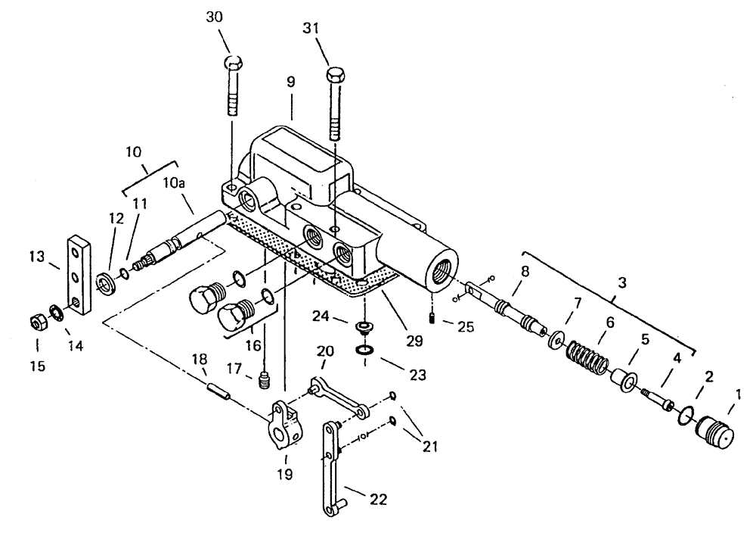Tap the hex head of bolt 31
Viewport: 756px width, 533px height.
(336, 77)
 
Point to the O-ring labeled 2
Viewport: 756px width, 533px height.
(687, 414)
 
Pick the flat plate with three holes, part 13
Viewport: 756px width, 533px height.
(77, 276)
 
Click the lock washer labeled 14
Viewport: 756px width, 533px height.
(55, 312)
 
